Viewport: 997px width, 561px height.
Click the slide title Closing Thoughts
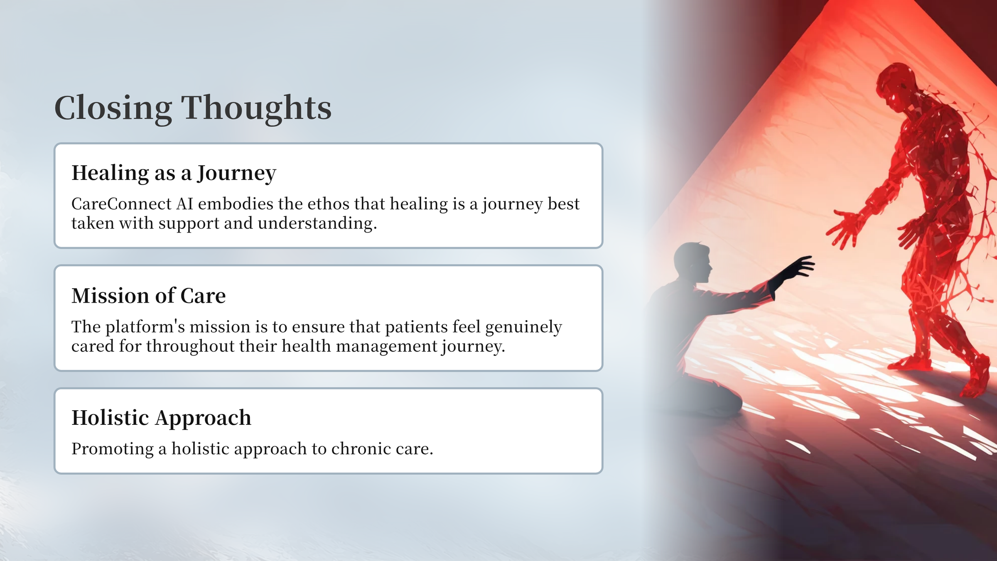pos(193,108)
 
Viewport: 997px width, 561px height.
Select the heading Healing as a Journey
pos(174,173)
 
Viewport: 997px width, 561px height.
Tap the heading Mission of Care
pos(149,296)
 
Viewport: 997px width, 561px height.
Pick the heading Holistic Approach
pos(162,418)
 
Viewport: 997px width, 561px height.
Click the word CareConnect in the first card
pos(121,204)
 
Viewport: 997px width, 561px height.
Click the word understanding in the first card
pos(317,224)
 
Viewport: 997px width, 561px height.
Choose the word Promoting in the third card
pos(113,449)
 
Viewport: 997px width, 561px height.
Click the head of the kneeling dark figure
pos(693,262)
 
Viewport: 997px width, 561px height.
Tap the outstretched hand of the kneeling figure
pos(796,269)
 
